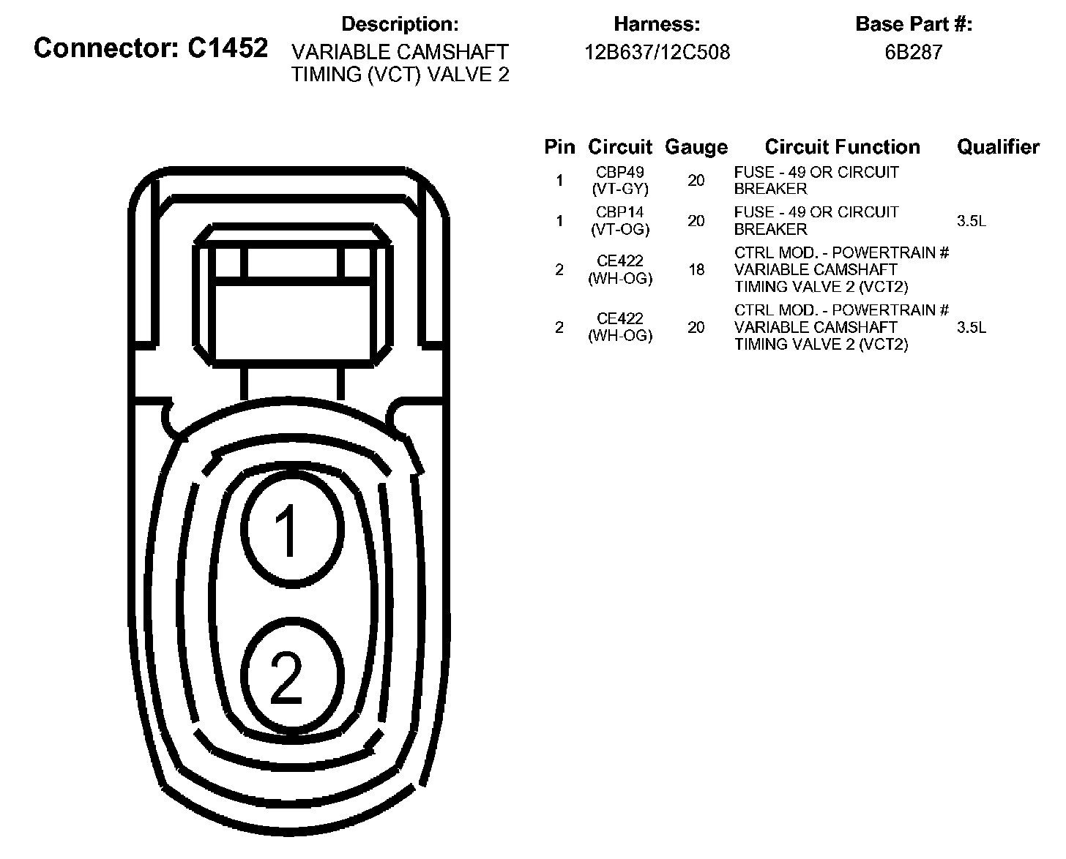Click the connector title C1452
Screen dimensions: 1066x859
pyautogui.click(x=151, y=48)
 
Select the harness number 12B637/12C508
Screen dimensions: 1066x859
pyautogui.click(x=657, y=53)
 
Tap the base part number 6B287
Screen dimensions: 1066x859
pyautogui.click(x=913, y=53)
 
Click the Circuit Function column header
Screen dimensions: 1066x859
pyautogui.click(x=842, y=147)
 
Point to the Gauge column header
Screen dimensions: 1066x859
pyautogui.click(x=696, y=147)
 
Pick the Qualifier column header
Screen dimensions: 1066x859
pyautogui.click(x=998, y=147)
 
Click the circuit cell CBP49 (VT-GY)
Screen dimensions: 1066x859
pyautogui.click(x=619, y=181)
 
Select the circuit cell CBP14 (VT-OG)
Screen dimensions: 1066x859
pyautogui.click(x=619, y=220)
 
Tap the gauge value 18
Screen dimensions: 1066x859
pyautogui.click(x=696, y=270)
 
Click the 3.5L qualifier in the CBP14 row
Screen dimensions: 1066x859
pyautogui.click(x=971, y=221)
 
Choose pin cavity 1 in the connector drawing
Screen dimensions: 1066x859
pyautogui.click(x=292, y=527)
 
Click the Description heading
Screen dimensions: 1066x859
pyautogui.click(x=400, y=24)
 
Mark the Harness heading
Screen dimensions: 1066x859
pyautogui.click(x=657, y=24)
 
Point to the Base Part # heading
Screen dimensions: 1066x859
pyautogui.click(x=913, y=24)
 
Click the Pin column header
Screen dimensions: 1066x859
pyautogui.click(x=559, y=147)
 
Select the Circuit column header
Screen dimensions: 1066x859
pyautogui.click(x=619, y=147)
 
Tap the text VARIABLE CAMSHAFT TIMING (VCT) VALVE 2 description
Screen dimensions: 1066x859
pyautogui.click(x=400, y=64)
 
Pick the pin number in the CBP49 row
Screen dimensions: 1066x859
pyautogui.click(x=559, y=181)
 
